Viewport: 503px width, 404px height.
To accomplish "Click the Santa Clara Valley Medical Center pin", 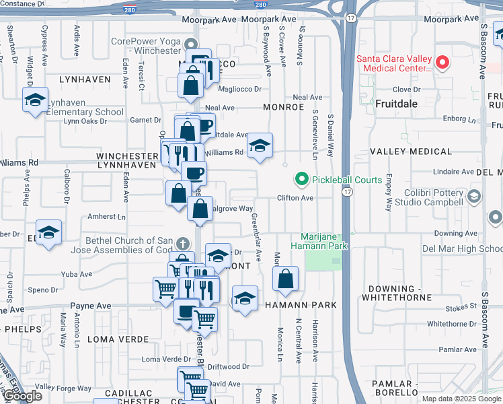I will (x=442, y=63).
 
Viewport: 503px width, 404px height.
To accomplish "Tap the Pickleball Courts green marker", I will (x=301, y=180).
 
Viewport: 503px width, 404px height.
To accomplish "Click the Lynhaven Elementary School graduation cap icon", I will (x=35, y=101).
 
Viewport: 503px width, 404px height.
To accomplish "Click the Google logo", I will (x=22, y=396).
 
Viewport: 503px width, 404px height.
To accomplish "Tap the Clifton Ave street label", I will (x=296, y=198).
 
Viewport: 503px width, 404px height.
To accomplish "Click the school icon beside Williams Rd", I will (x=260, y=146).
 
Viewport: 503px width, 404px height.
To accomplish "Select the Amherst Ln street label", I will (x=107, y=217).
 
